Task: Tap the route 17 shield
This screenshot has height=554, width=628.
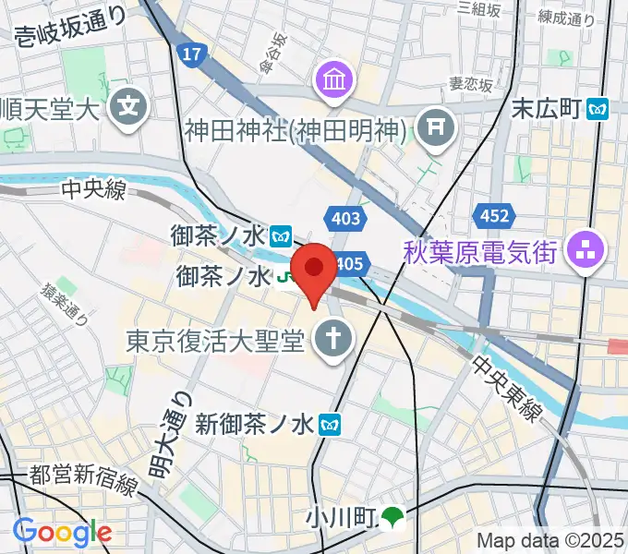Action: coord(191,56)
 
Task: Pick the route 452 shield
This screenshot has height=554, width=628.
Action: coord(494,216)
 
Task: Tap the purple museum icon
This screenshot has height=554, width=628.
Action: coord(332,81)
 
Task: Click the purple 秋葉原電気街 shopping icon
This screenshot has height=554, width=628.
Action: coord(585,249)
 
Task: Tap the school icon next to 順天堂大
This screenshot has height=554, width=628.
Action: coord(128,107)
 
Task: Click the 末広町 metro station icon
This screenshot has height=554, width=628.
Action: coord(599,109)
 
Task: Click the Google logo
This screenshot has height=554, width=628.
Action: coord(62,532)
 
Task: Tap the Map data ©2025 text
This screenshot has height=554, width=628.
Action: coord(550,541)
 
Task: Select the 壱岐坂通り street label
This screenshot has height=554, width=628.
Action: coord(72,38)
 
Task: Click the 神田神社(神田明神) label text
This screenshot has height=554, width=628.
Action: coord(296,131)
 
